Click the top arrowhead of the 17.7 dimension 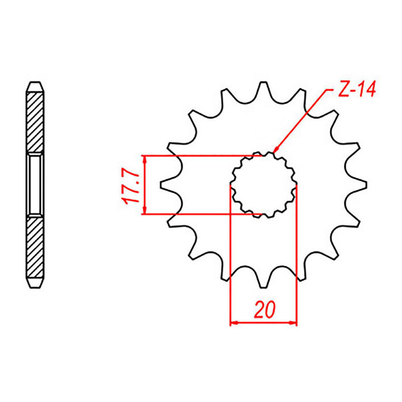tap(145, 159)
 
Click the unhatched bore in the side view tap(36, 185)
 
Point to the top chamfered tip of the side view tap(36, 86)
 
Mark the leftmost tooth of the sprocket tap(166, 185)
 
